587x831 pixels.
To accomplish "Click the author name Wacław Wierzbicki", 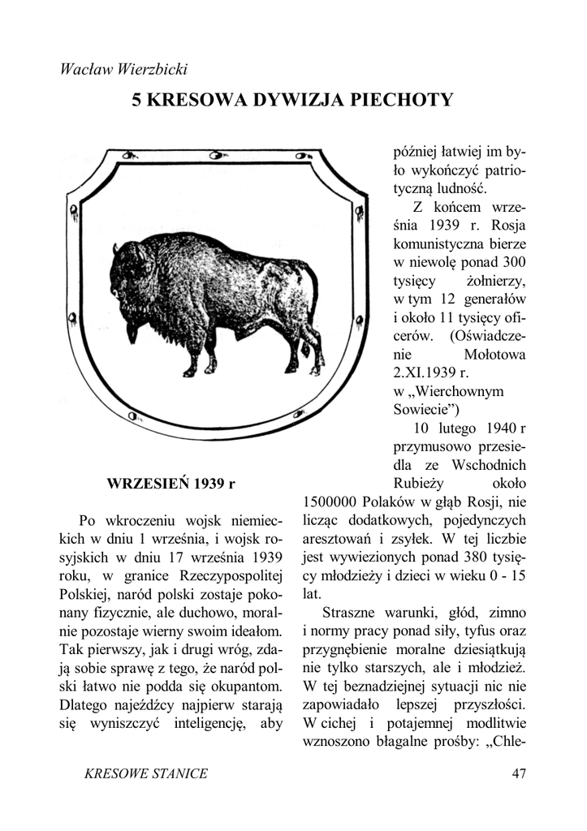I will coord(124,69).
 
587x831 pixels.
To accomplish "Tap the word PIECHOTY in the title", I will coord(401,101).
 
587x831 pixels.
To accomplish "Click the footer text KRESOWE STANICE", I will coord(146,773).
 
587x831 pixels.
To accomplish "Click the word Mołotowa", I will coord(495,354).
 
